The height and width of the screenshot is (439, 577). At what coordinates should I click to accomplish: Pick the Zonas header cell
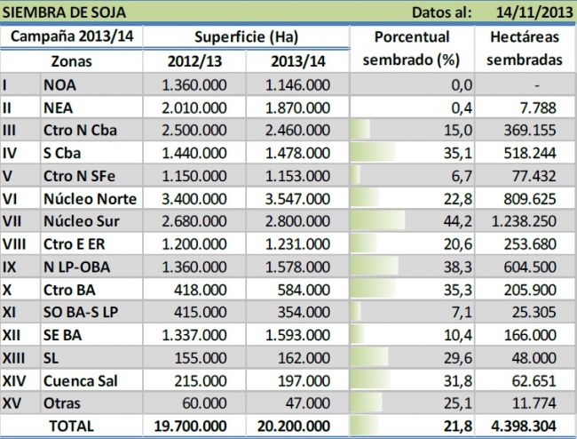71,61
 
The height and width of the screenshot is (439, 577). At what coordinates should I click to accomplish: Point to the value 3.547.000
297,196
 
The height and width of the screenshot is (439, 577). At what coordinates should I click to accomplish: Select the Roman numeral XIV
16,381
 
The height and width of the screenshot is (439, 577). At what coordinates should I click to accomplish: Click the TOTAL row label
71,427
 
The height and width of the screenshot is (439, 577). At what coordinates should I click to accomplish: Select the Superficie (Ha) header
246,37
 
